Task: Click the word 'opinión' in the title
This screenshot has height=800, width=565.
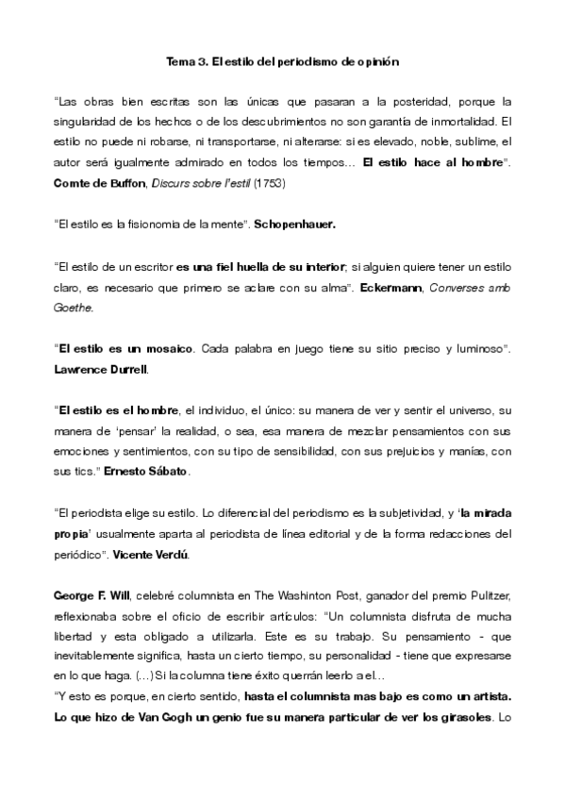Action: tap(378, 62)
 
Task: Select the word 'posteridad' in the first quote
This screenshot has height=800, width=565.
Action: tap(439, 100)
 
